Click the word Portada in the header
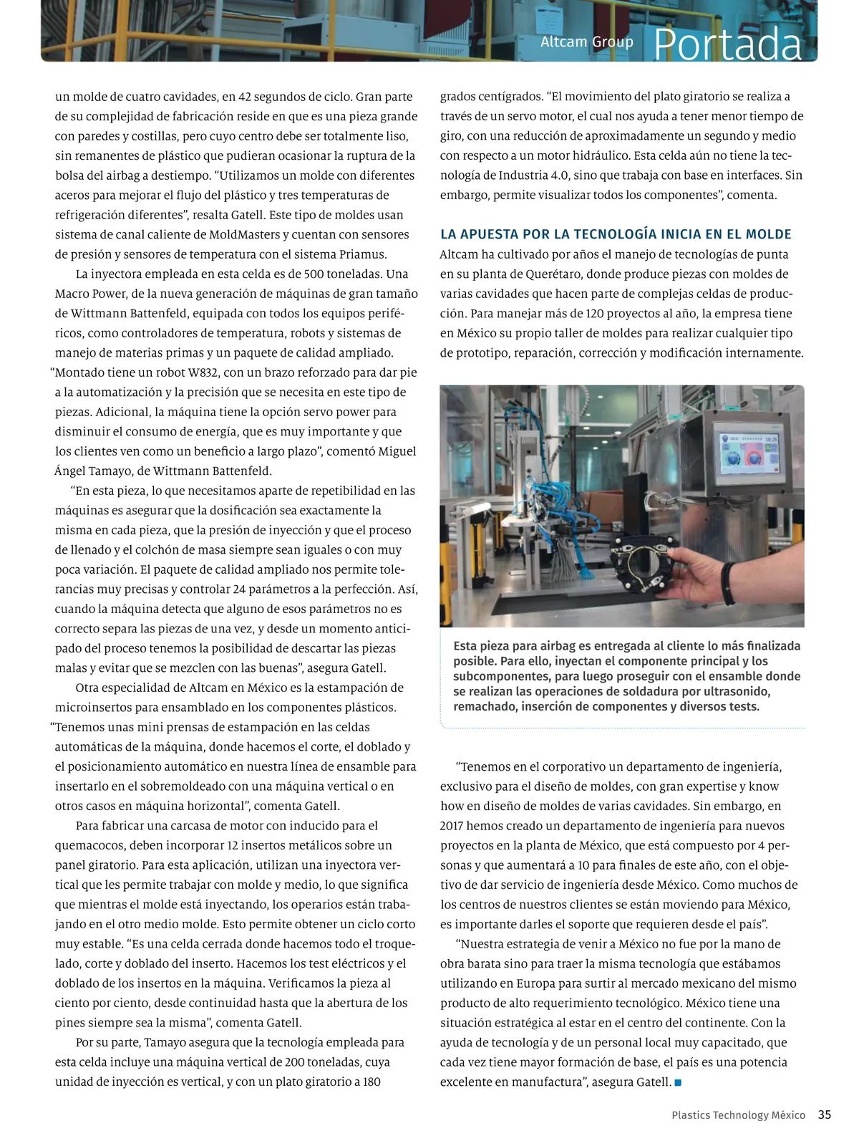[x=727, y=44]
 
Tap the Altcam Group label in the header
[x=586, y=42]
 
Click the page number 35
[x=825, y=1114]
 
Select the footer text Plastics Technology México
[x=738, y=1115]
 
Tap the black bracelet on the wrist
[x=729, y=582]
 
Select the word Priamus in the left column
[x=364, y=254]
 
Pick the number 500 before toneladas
[x=315, y=274]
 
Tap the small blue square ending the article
[x=678, y=1082]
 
